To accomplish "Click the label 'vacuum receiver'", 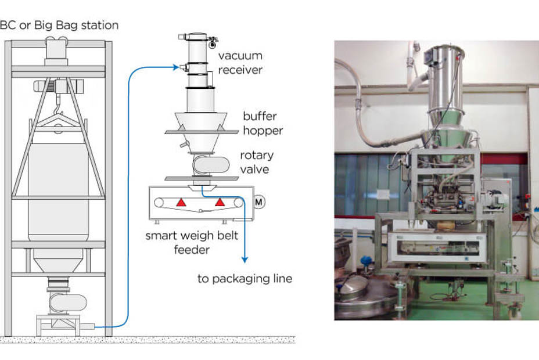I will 240,63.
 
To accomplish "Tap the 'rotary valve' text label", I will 256,163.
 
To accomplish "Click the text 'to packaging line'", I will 245,279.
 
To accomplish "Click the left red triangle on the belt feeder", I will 181,201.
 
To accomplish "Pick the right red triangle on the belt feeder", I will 220,201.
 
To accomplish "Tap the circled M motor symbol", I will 258,201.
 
